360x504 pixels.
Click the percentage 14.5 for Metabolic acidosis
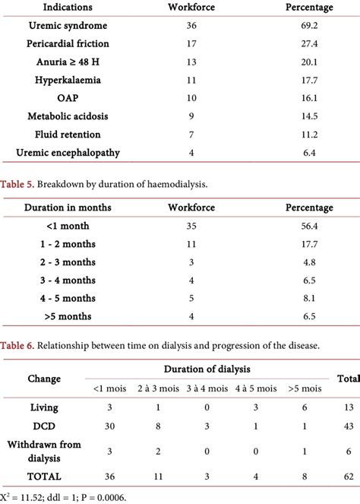click(x=308, y=116)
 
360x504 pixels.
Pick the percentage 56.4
click(x=308, y=226)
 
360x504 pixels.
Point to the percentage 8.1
click(x=308, y=299)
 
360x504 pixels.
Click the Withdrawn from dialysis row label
click(x=44, y=449)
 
